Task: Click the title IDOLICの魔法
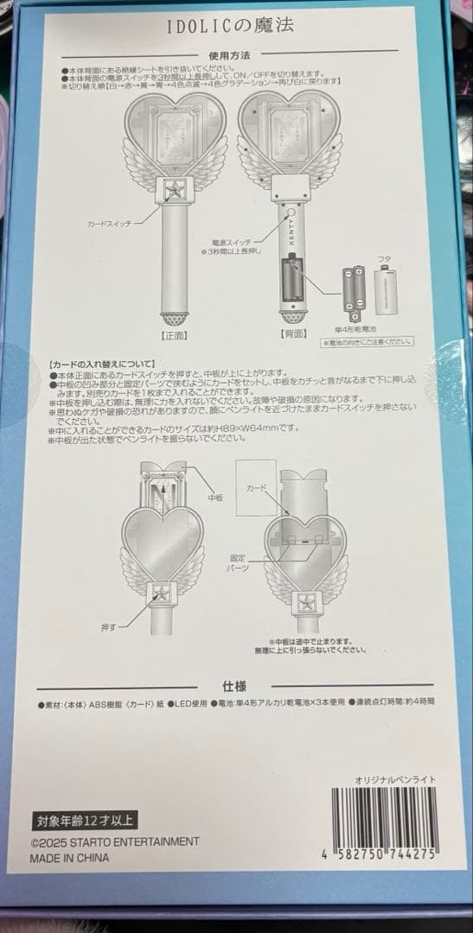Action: click(x=230, y=26)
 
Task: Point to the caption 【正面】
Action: click(x=175, y=332)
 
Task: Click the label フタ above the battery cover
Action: click(x=385, y=258)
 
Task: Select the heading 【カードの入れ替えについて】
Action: click(x=102, y=364)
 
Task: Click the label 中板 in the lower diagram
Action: click(x=216, y=498)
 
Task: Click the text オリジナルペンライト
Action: click(x=395, y=779)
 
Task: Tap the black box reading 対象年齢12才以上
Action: click(x=82, y=820)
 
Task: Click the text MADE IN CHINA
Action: click(x=69, y=858)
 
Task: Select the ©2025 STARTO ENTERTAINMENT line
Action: click(x=114, y=841)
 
